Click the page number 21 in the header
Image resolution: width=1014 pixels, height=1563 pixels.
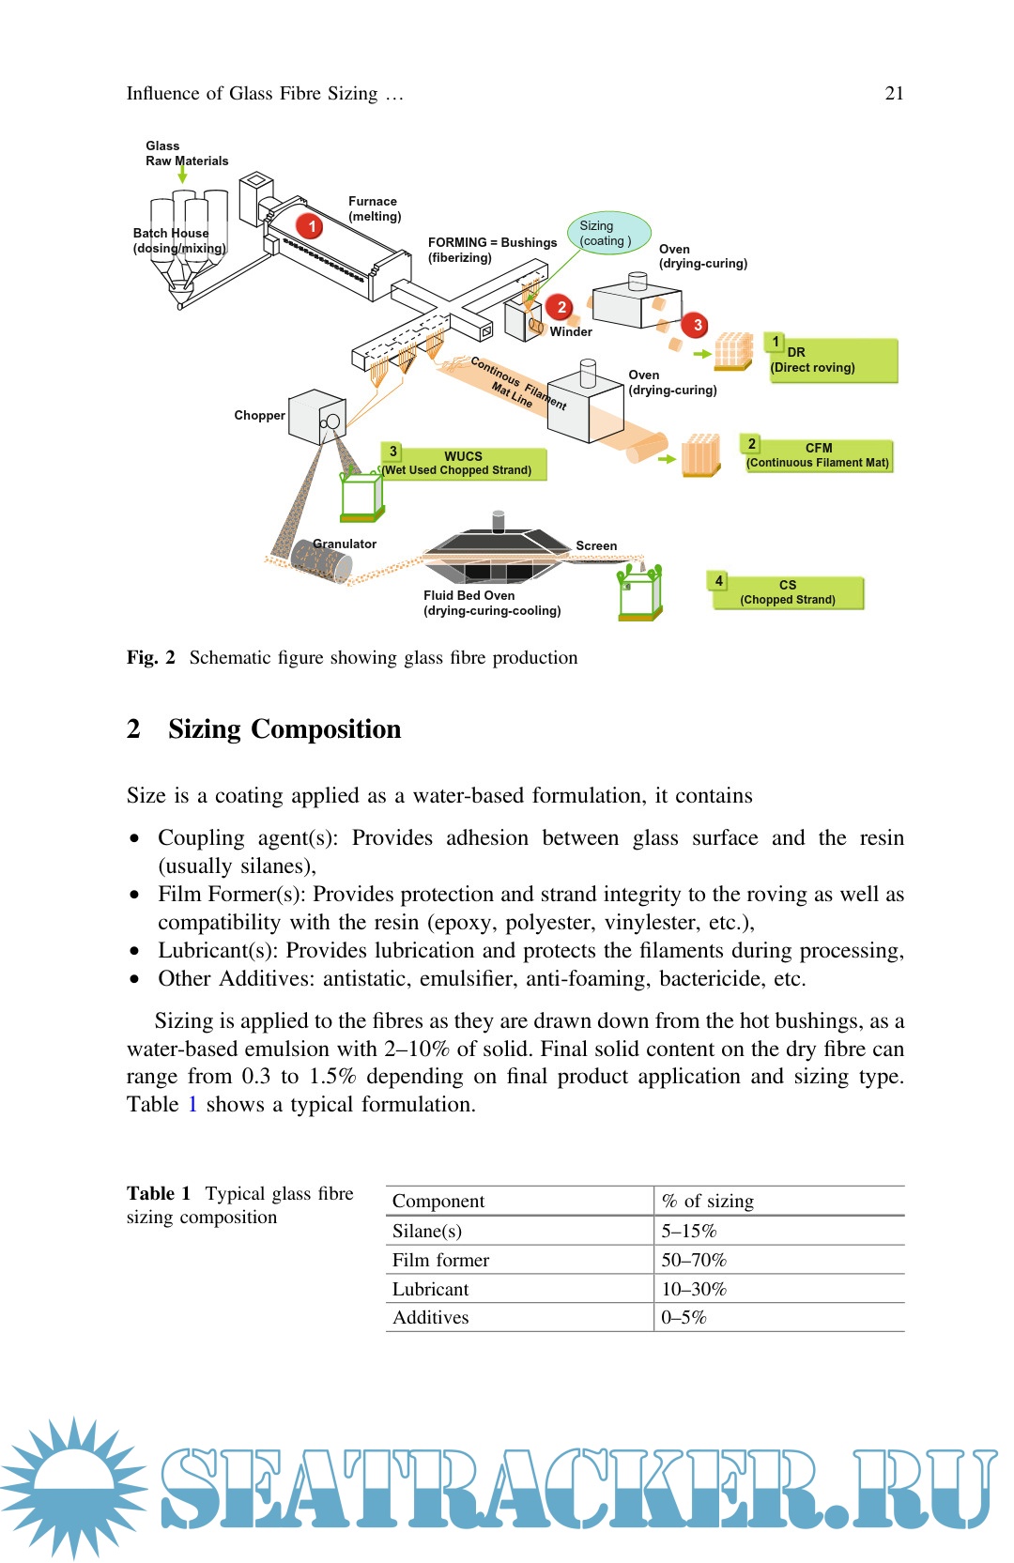coord(894,93)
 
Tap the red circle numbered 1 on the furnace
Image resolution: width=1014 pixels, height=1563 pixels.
coord(311,226)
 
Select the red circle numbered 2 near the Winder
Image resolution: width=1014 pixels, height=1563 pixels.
coord(561,307)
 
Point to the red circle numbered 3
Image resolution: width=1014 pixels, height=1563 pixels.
coord(697,325)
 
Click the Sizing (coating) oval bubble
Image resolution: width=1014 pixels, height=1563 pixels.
coord(608,233)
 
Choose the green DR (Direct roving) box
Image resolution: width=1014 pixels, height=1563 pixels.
coord(832,360)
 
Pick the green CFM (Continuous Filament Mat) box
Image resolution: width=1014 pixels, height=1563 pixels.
coord(817,455)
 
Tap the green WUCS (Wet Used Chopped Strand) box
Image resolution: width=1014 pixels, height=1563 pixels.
coord(463,463)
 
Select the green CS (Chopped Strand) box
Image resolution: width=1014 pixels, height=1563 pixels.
coord(787,592)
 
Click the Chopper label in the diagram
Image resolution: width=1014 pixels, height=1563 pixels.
coord(259,415)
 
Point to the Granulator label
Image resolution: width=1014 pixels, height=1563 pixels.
coord(345,544)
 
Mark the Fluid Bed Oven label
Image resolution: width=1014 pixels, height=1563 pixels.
coord(469,595)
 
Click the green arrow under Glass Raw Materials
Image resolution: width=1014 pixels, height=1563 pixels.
coord(182,172)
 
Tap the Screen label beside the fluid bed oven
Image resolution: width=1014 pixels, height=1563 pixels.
coord(596,545)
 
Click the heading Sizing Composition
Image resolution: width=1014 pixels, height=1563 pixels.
coord(284,729)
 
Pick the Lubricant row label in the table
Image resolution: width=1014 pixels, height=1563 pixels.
coord(430,1289)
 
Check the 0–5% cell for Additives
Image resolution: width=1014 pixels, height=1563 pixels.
coord(684,1317)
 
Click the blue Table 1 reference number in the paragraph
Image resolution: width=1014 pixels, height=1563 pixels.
coord(192,1105)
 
